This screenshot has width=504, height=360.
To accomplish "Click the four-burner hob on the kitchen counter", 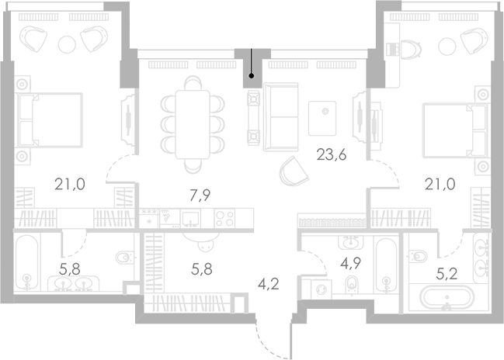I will [x=224, y=218].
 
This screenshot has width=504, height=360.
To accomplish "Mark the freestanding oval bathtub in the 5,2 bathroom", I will [x=446, y=298].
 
